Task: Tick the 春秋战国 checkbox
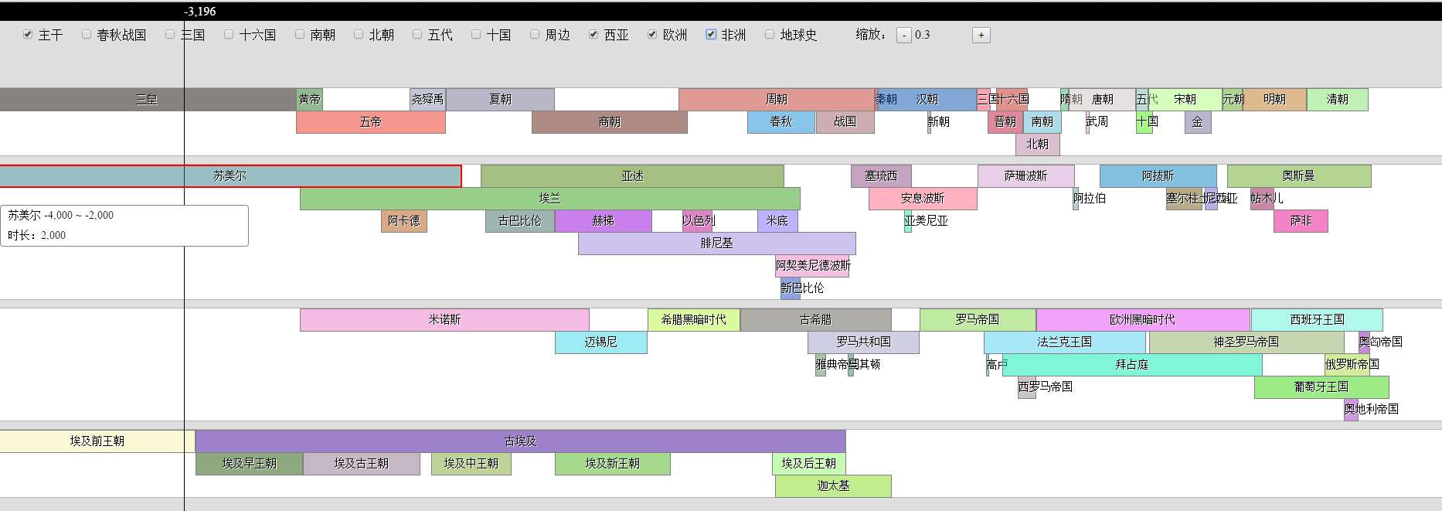coord(87,35)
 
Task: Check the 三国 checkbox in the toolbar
coord(170,35)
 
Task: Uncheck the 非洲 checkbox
coord(711,35)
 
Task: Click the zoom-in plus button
coord(981,35)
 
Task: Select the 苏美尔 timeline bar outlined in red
coord(230,176)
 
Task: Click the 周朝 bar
coord(776,100)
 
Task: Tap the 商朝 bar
coord(609,122)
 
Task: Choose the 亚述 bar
coord(632,176)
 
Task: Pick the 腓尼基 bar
coord(716,244)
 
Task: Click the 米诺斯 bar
coord(444,320)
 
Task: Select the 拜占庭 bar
coord(1131,365)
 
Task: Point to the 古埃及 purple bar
coord(520,441)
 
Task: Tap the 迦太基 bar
coord(833,486)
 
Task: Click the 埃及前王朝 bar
coord(97,441)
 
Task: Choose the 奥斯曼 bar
coord(1298,176)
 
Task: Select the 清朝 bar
coord(1337,100)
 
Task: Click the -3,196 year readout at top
coord(200,12)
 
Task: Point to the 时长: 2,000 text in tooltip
coord(37,235)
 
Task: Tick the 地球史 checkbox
coord(770,35)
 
